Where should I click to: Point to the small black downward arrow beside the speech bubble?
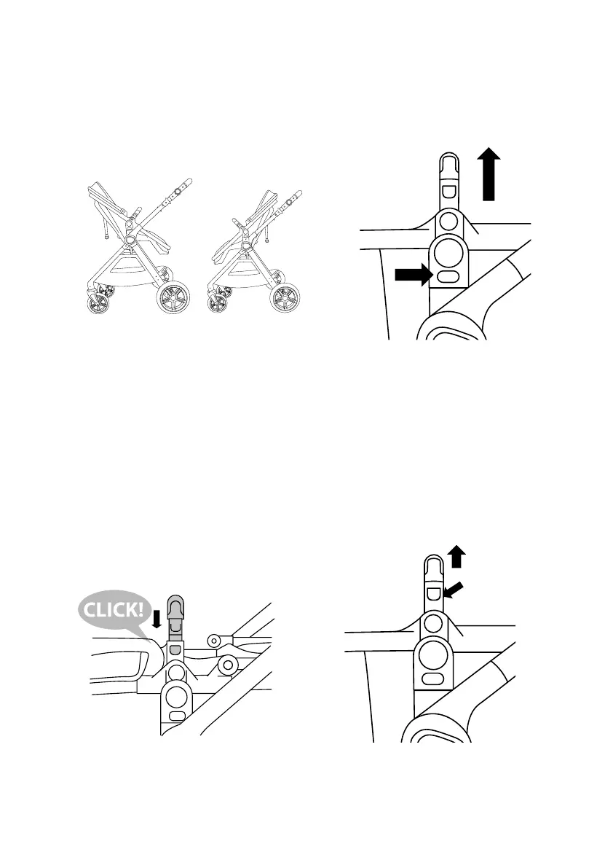(x=156, y=619)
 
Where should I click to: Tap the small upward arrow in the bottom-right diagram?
(x=456, y=558)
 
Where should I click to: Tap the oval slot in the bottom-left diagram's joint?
(x=175, y=717)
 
